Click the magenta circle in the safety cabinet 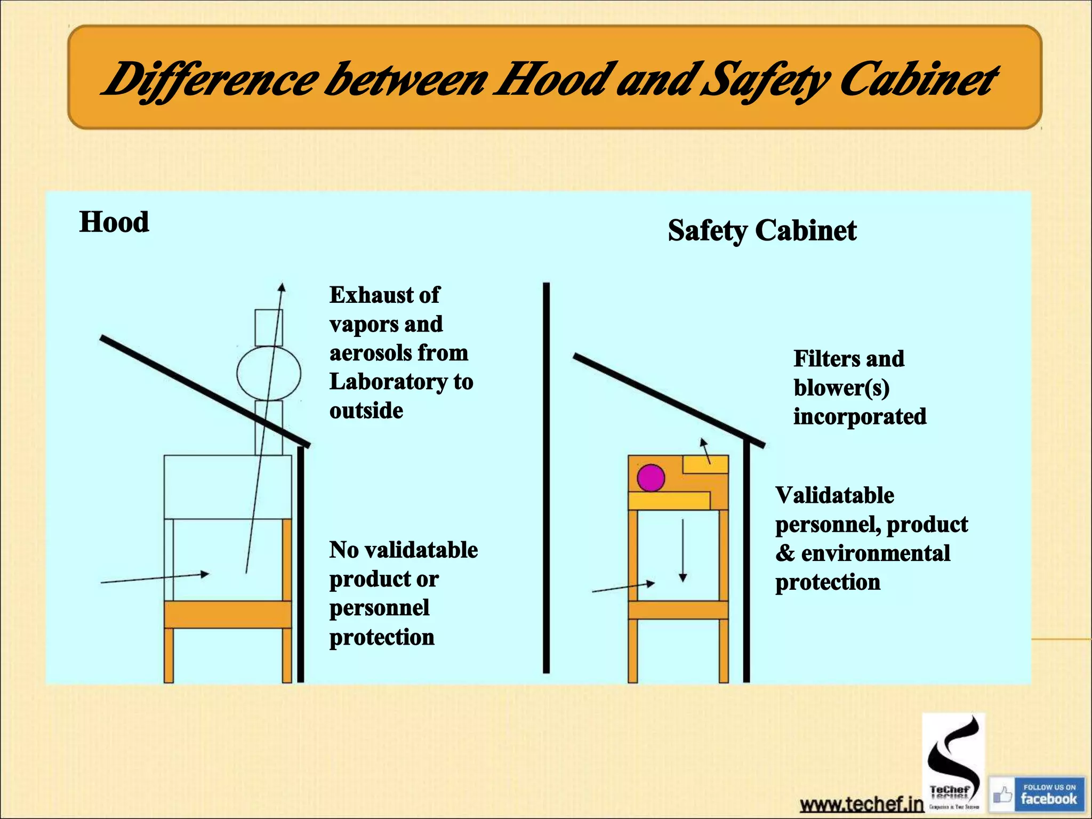point(651,478)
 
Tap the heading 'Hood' point(114,222)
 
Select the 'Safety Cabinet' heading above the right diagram point(762,230)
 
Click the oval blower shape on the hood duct point(269,373)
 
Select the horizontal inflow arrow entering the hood point(155,578)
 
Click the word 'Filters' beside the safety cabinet point(825,358)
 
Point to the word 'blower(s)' point(841,388)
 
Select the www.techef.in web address point(861,804)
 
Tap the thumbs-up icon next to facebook point(1002,795)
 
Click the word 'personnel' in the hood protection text point(379,608)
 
